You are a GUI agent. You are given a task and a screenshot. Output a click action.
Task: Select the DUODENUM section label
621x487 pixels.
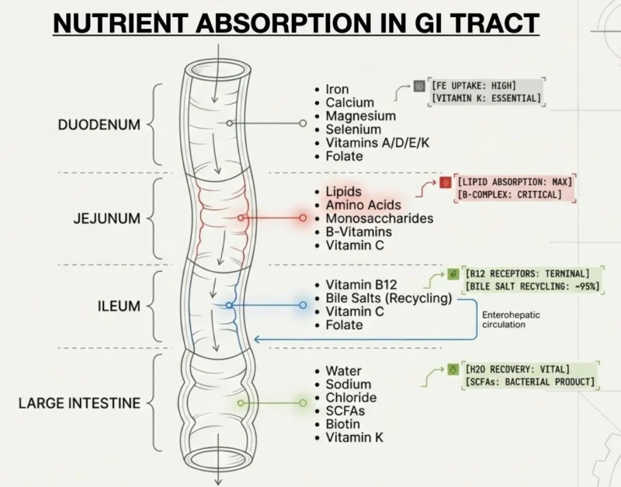click(x=99, y=123)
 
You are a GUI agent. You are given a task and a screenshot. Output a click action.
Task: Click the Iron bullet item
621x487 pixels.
click(x=337, y=89)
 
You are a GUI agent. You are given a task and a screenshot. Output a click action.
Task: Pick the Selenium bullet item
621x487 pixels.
click(x=353, y=130)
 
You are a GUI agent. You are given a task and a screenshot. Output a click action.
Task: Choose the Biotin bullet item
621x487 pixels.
click(x=342, y=424)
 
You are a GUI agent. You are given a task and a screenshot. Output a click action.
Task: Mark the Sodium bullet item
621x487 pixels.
click(x=348, y=384)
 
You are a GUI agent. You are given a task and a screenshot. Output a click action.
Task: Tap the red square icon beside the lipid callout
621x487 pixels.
click(x=446, y=183)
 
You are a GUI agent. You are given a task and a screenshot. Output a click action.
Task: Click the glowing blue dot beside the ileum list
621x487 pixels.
click(x=300, y=304)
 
